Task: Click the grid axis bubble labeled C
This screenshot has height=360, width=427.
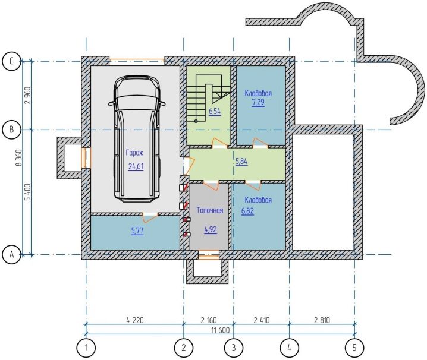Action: coord(11,62)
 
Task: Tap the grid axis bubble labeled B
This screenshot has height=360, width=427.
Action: coord(11,130)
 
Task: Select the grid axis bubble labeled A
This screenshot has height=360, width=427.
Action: coord(11,255)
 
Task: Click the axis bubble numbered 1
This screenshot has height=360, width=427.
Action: coord(86,348)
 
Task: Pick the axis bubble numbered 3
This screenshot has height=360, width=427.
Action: coord(234,348)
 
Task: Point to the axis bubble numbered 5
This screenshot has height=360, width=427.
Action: coord(354,348)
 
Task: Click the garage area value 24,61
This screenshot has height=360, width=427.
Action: coord(136,166)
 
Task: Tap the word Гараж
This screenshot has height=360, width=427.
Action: coord(134,153)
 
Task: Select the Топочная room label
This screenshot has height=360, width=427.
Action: coord(210,210)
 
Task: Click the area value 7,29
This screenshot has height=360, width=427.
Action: coord(258,103)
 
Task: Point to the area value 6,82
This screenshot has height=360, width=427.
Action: coord(247,211)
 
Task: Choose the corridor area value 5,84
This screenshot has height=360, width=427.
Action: coord(241,162)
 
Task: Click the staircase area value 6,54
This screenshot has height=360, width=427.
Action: coord(215,112)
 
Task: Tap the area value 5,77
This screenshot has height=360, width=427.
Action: coord(137,231)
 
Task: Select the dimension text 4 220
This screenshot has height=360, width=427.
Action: coord(135,320)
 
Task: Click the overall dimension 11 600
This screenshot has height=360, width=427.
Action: coord(221,330)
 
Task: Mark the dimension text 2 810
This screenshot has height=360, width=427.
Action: coord(322,320)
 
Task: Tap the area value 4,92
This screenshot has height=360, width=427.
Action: coord(211,230)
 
